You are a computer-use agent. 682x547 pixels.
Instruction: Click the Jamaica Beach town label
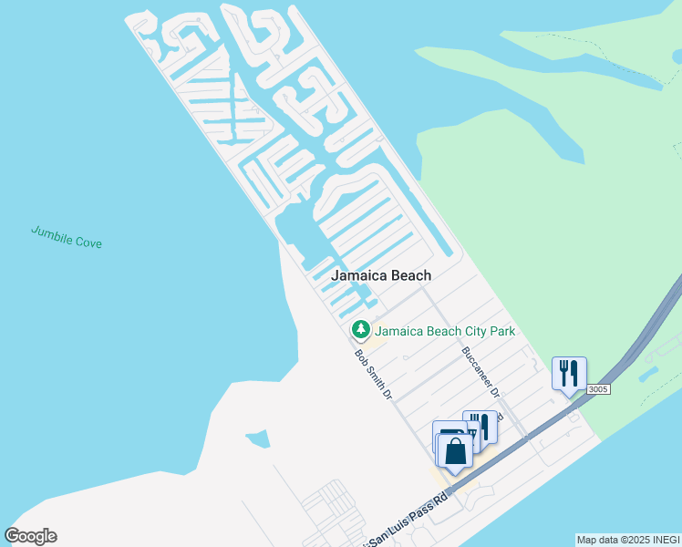[x=381, y=274]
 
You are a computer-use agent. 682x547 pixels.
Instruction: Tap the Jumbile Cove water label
[x=66, y=236]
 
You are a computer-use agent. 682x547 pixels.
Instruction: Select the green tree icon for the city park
[x=361, y=329]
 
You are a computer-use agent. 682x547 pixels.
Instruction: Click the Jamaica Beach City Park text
[x=446, y=330]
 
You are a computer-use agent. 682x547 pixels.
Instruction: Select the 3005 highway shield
[x=597, y=389]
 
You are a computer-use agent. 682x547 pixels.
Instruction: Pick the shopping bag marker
[x=455, y=449]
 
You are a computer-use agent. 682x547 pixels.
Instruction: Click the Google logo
[x=31, y=536]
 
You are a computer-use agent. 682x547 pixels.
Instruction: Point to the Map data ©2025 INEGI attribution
[x=627, y=540]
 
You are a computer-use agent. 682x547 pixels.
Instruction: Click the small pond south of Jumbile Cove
[x=258, y=439]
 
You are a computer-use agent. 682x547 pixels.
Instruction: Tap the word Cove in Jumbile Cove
[x=88, y=243]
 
